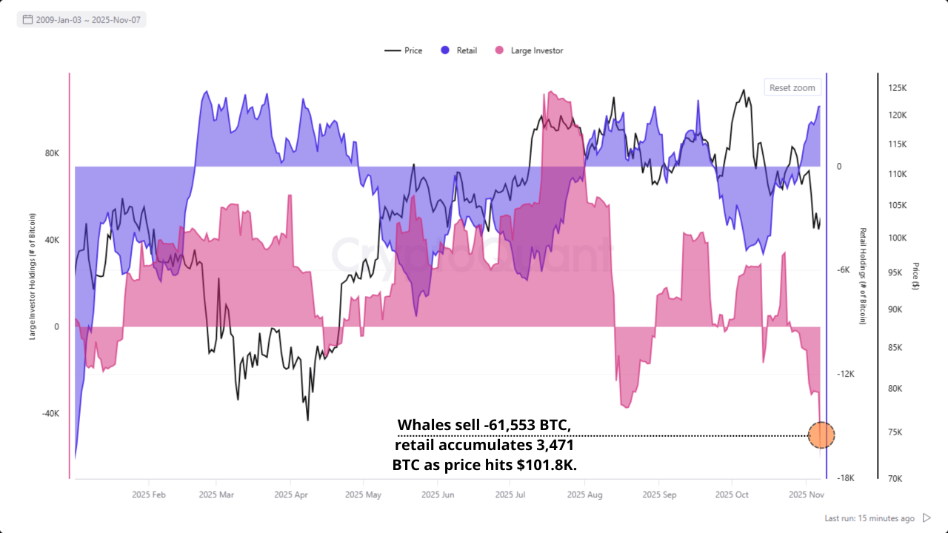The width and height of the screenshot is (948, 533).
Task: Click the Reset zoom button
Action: pos(792,87)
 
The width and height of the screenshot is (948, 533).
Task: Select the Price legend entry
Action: pos(404,50)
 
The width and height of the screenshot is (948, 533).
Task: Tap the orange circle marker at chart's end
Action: pos(821,435)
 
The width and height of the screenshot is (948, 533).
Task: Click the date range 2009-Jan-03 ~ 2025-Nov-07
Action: pos(81,20)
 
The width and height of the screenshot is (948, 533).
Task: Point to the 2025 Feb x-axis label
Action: pos(148,494)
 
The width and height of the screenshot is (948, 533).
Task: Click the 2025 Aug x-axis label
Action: pos(585,494)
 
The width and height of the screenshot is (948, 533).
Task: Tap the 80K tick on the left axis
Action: pos(52,153)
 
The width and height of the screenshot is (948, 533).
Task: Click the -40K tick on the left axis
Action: pos(50,413)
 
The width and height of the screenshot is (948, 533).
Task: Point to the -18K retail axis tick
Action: pos(845,478)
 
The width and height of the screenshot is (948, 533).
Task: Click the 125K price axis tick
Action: pos(897,88)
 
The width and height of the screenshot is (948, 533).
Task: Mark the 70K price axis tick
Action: pos(895,478)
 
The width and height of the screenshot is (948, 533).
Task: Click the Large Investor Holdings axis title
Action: pos(33,276)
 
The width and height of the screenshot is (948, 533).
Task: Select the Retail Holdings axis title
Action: pos(863,276)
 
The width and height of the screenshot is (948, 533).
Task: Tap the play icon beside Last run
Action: pos(927,518)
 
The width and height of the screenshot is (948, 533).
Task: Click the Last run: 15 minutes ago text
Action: pos(869,518)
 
